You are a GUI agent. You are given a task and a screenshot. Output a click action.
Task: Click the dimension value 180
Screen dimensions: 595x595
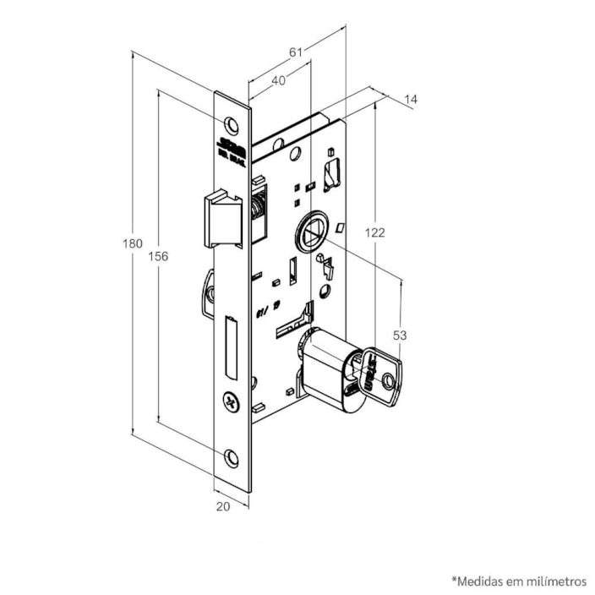(132, 243)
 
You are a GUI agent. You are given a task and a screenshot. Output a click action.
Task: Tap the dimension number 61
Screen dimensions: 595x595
(296, 52)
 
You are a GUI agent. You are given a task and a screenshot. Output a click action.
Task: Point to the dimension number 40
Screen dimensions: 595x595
(278, 80)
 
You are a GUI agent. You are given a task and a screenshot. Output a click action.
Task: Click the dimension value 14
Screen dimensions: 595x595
(411, 100)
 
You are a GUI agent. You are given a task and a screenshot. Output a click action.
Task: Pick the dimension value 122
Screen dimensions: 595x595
(375, 230)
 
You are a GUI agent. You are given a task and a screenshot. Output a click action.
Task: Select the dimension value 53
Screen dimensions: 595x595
(400, 336)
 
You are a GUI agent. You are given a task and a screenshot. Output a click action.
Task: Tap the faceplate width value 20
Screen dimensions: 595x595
(223, 506)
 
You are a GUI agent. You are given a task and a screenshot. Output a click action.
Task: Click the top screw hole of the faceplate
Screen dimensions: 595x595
(232, 126)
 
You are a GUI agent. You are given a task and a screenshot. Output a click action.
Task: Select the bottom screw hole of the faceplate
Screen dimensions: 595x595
(232, 457)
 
